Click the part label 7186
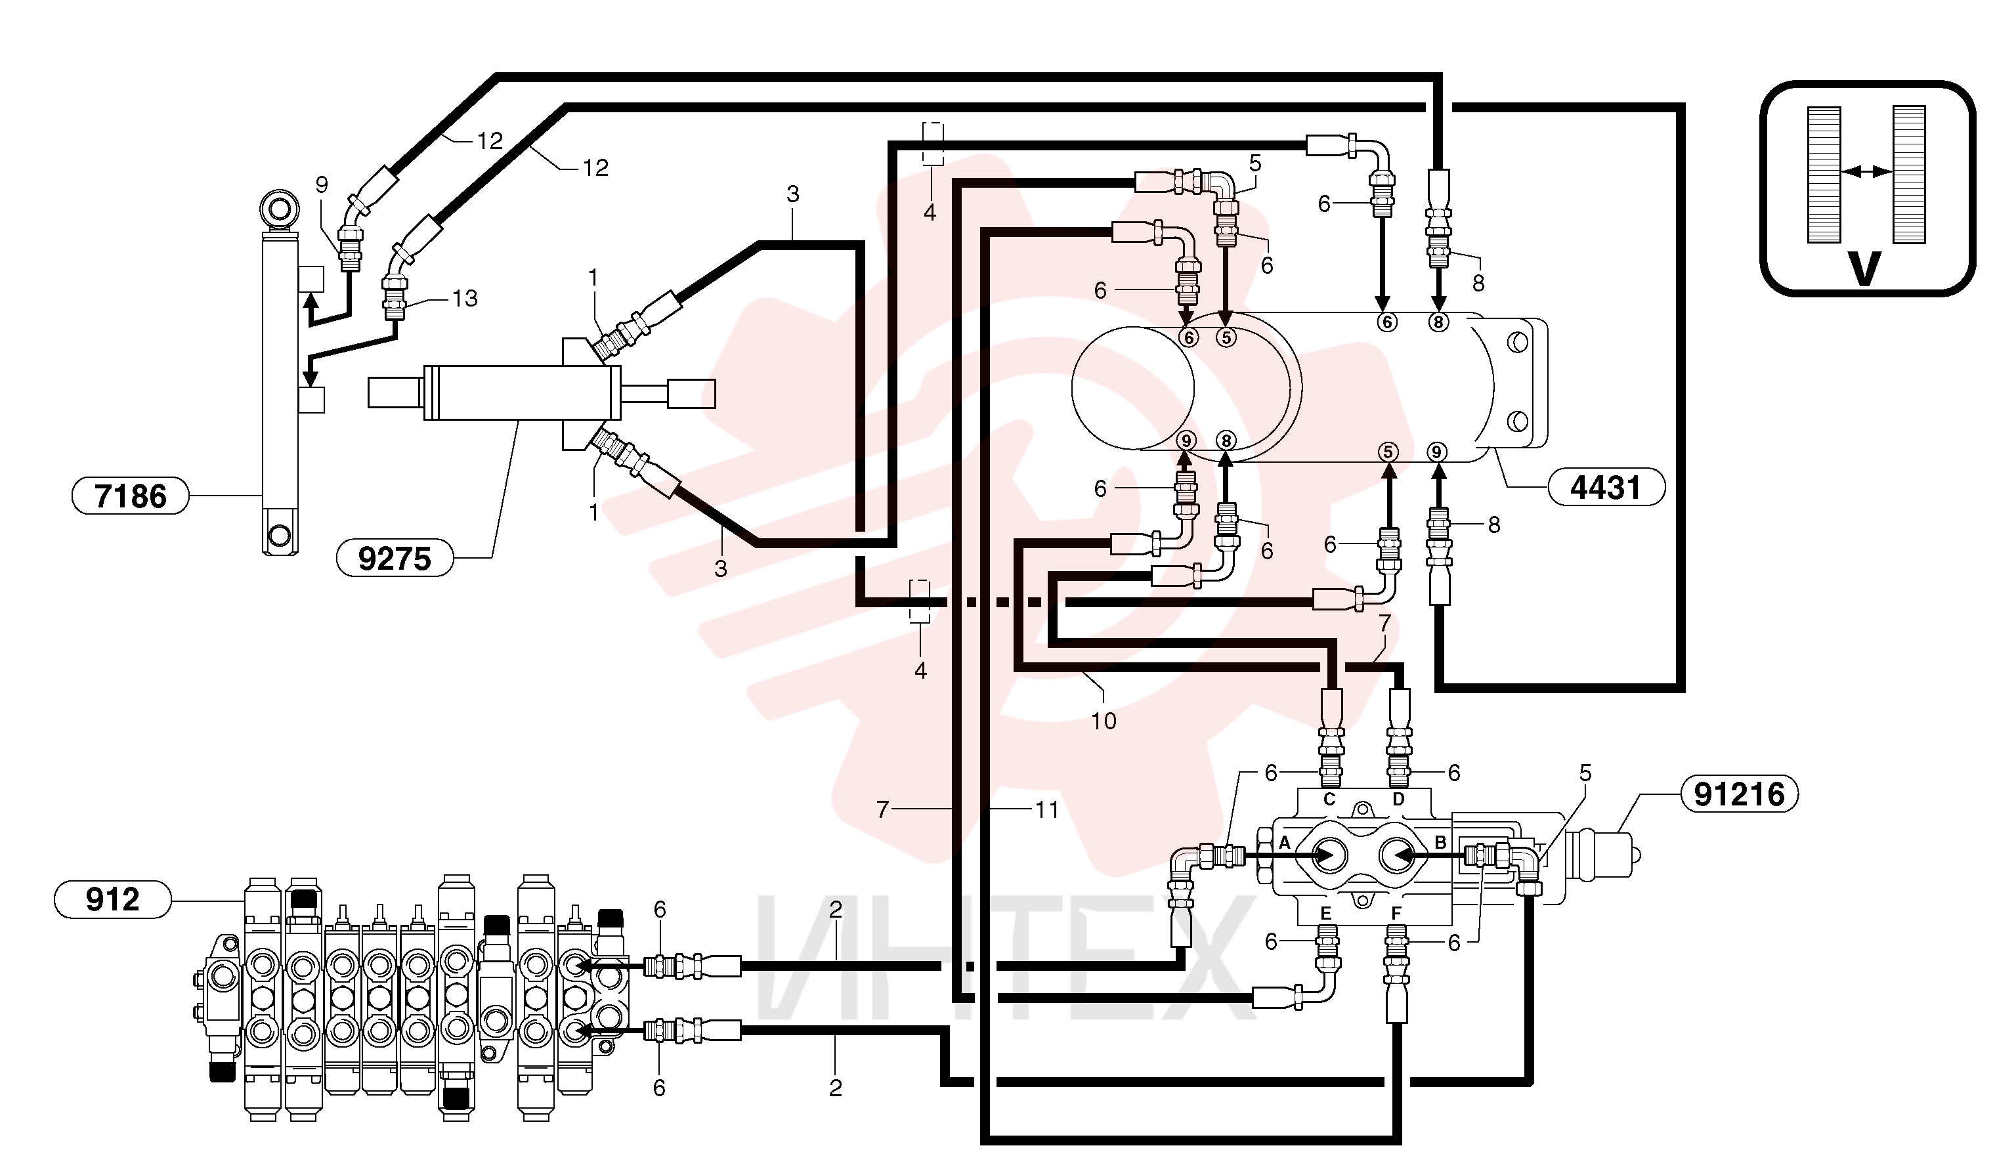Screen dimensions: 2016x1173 click(131, 496)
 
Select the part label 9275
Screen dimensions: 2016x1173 click(395, 558)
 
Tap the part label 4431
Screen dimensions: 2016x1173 click(1606, 487)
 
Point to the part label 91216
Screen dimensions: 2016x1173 click(1739, 794)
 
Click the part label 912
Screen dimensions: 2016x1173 click(113, 899)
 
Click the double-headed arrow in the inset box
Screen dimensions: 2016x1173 click(1866, 171)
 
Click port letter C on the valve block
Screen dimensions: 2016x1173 click(1329, 800)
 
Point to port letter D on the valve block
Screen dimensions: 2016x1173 click(1398, 800)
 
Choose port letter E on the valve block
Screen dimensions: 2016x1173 click(1325, 913)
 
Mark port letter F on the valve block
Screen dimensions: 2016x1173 click(1396, 913)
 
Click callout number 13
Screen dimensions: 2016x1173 click(465, 299)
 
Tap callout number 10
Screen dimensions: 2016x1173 click(1104, 721)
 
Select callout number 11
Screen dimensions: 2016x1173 click(1047, 810)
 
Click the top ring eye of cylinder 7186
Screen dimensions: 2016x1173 click(279, 209)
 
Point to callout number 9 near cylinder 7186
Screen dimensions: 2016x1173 click(322, 185)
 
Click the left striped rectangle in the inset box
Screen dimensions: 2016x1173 click(1825, 175)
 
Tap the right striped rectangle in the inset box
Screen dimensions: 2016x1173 click(1909, 175)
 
